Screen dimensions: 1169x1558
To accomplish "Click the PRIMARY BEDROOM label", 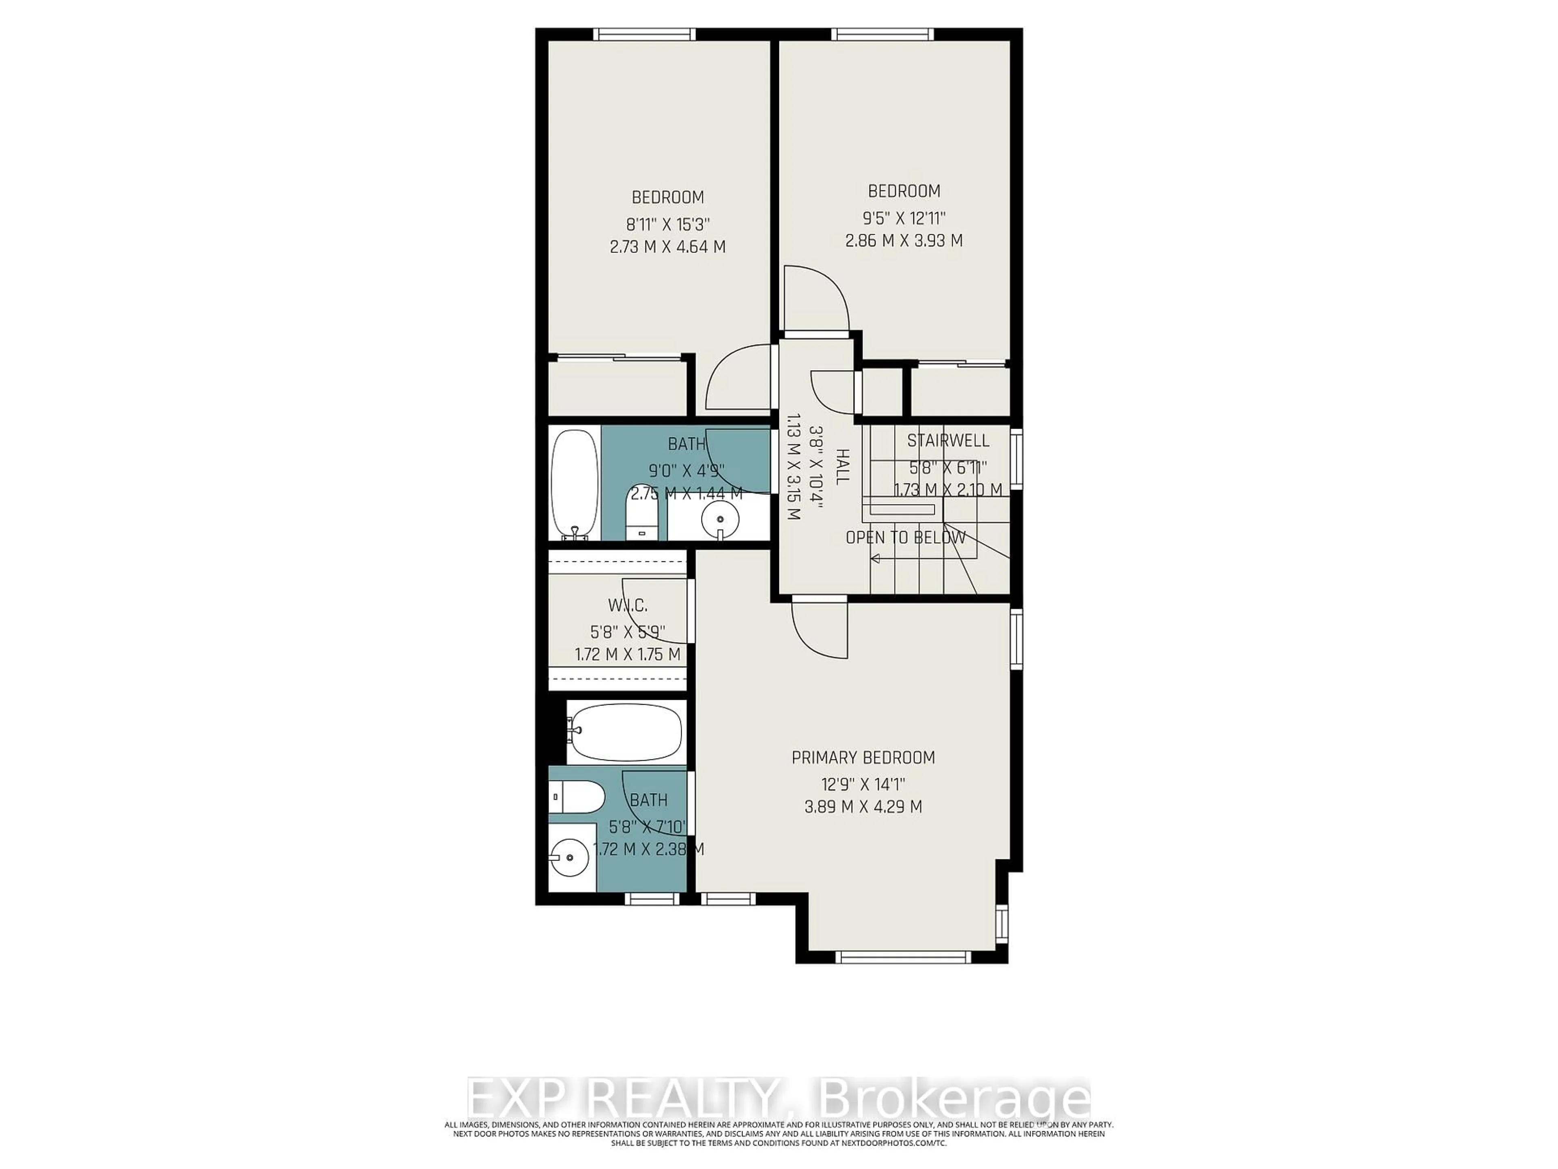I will point(863,757).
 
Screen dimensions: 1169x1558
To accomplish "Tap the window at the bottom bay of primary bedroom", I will point(903,956).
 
